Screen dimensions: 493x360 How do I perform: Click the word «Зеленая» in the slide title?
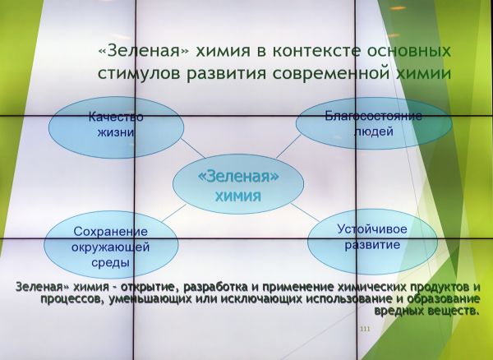[143, 51]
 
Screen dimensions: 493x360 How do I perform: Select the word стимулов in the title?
[139, 73]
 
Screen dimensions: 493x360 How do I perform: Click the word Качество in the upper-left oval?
[116, 117]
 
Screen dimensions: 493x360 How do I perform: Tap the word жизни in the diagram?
[116, 132]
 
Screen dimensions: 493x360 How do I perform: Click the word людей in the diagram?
[374, 132]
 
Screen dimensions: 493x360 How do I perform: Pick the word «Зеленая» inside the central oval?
[238, 176]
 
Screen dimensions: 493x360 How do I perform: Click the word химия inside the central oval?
[238, 196]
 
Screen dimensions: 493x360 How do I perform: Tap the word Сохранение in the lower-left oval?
[111, 232]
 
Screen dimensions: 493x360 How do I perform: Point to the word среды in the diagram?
[110, 262]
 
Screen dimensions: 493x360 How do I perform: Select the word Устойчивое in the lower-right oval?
[372, 228]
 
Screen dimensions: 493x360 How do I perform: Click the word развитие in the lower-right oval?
[372, 245]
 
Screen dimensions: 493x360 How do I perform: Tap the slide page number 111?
[365, 330]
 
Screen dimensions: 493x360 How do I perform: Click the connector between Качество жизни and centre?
[193, 148]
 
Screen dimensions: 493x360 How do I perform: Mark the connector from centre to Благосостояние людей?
[288, 146]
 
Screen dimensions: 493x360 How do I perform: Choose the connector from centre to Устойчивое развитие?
[305, 212]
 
